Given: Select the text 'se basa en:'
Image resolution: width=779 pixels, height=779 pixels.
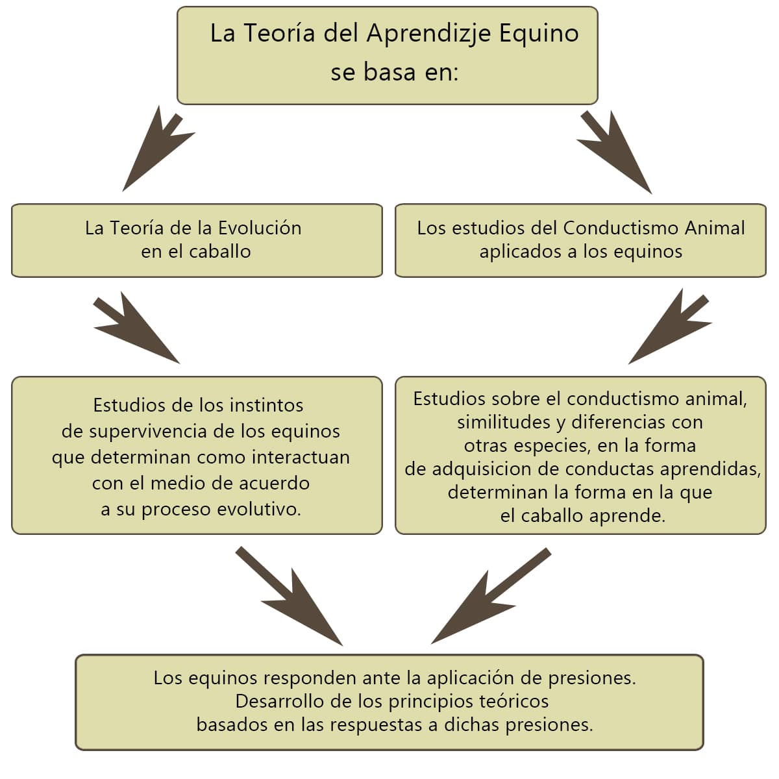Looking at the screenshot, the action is (395, 72).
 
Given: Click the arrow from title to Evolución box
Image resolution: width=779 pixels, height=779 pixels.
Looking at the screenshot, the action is (158, 149).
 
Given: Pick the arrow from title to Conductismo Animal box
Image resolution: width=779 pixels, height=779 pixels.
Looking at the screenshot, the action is (615, 153).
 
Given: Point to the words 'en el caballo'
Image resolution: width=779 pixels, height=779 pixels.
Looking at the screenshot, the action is (196, 252).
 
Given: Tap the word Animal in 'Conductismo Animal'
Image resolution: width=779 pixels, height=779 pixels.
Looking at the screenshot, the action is (714, 228).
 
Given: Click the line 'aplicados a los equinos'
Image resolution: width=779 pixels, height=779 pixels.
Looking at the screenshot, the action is (581, 252).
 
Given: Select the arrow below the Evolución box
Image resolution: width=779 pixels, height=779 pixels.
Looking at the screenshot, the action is (136, 327).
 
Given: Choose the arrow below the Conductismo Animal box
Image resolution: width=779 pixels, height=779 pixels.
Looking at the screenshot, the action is (670, 327).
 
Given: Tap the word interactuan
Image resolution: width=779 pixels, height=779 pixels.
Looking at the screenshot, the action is (301, 457).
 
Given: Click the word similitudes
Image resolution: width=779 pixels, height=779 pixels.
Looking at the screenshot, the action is (504, 423).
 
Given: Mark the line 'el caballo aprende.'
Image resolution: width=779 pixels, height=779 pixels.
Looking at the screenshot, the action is (582, 516).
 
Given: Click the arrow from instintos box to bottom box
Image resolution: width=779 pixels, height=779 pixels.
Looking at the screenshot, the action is (290, 597).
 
